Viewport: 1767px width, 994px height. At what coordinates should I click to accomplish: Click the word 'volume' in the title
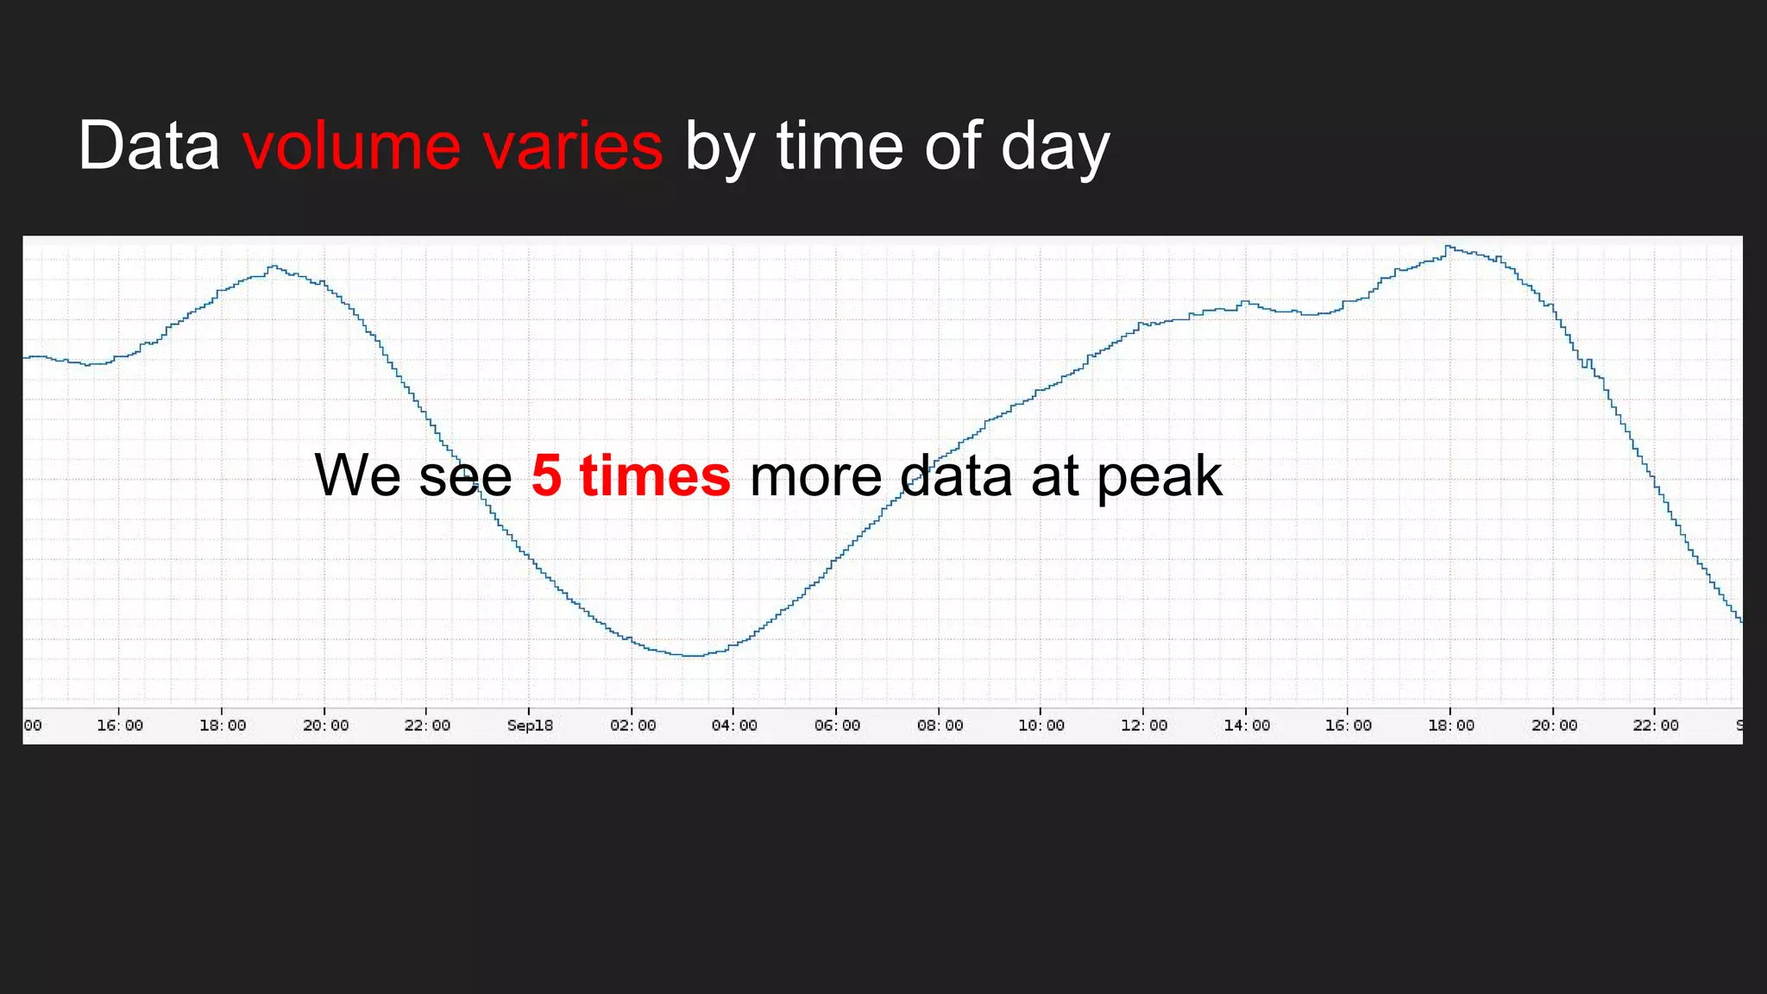click(x=351, y=146)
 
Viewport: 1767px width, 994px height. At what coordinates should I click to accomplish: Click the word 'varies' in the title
click(x=573, y=146)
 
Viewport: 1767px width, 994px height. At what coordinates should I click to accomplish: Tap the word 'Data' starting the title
click(x=148, y=146)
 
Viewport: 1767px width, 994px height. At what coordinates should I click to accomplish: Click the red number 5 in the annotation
click(x=546, y=476)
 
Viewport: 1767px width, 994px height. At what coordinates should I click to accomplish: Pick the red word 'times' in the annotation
click(x=655, y=476)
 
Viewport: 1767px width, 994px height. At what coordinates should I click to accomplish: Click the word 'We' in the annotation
click(x=357, y=476)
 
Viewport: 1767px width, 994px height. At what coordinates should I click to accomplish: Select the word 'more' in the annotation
click(x=815, y=476)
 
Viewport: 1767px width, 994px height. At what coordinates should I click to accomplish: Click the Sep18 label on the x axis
click(x=530, y=726)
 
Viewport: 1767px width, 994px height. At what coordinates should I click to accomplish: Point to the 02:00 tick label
click(x=632, y=726)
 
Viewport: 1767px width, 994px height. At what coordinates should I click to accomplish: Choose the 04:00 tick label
click(x=734, y=726)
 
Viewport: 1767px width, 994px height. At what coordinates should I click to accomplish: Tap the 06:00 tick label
click(x=837, y=726)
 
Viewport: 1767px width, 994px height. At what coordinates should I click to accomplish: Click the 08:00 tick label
click(x=940, y=726)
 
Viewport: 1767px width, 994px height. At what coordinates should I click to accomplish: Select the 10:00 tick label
click(x=1041, y=726)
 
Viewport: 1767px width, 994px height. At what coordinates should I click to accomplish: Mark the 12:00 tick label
click(x=1144, y=726)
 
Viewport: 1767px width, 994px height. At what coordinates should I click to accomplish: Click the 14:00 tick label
click(x=1247, y=726)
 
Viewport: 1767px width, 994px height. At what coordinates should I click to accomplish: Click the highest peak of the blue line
click(x=1448, y=247)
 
